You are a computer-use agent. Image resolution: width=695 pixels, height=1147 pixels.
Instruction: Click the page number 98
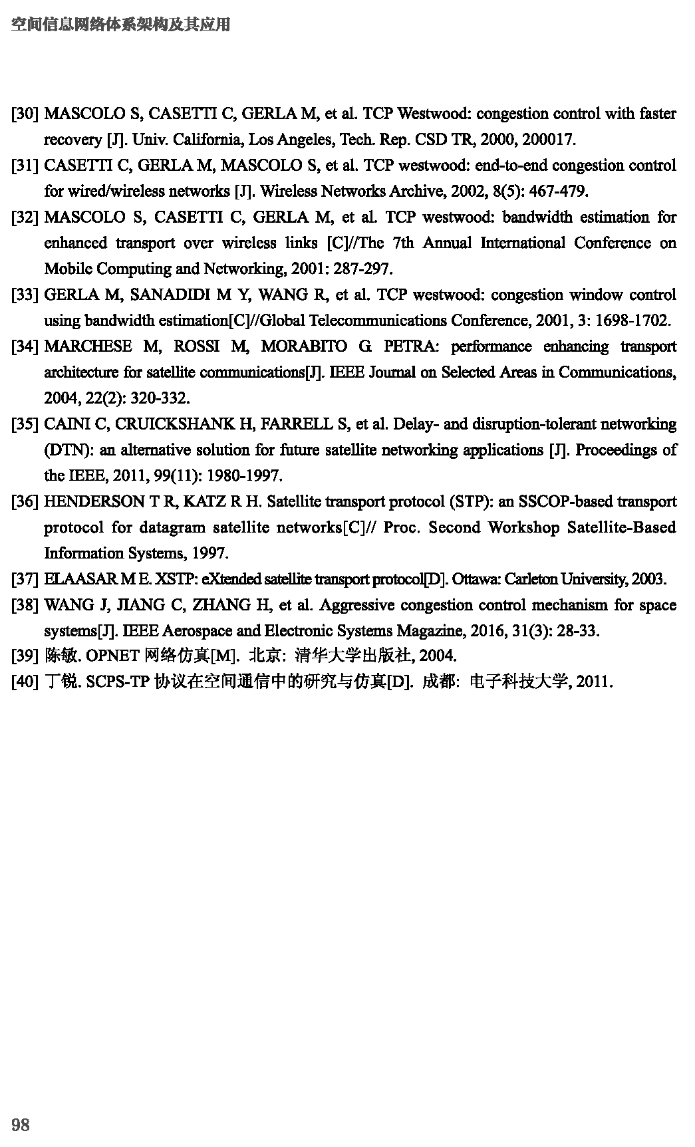click(21, 1124)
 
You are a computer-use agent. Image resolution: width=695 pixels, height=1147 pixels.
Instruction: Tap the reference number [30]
click(25, 114)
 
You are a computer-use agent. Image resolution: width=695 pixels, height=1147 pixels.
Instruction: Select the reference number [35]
click(25, 424)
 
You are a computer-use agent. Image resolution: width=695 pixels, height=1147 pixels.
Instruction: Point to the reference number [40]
click(25, 682)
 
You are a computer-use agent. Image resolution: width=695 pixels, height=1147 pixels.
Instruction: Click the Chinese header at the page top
click(122, 25)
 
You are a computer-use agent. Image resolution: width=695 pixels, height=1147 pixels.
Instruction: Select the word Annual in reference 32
click(447, 243)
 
